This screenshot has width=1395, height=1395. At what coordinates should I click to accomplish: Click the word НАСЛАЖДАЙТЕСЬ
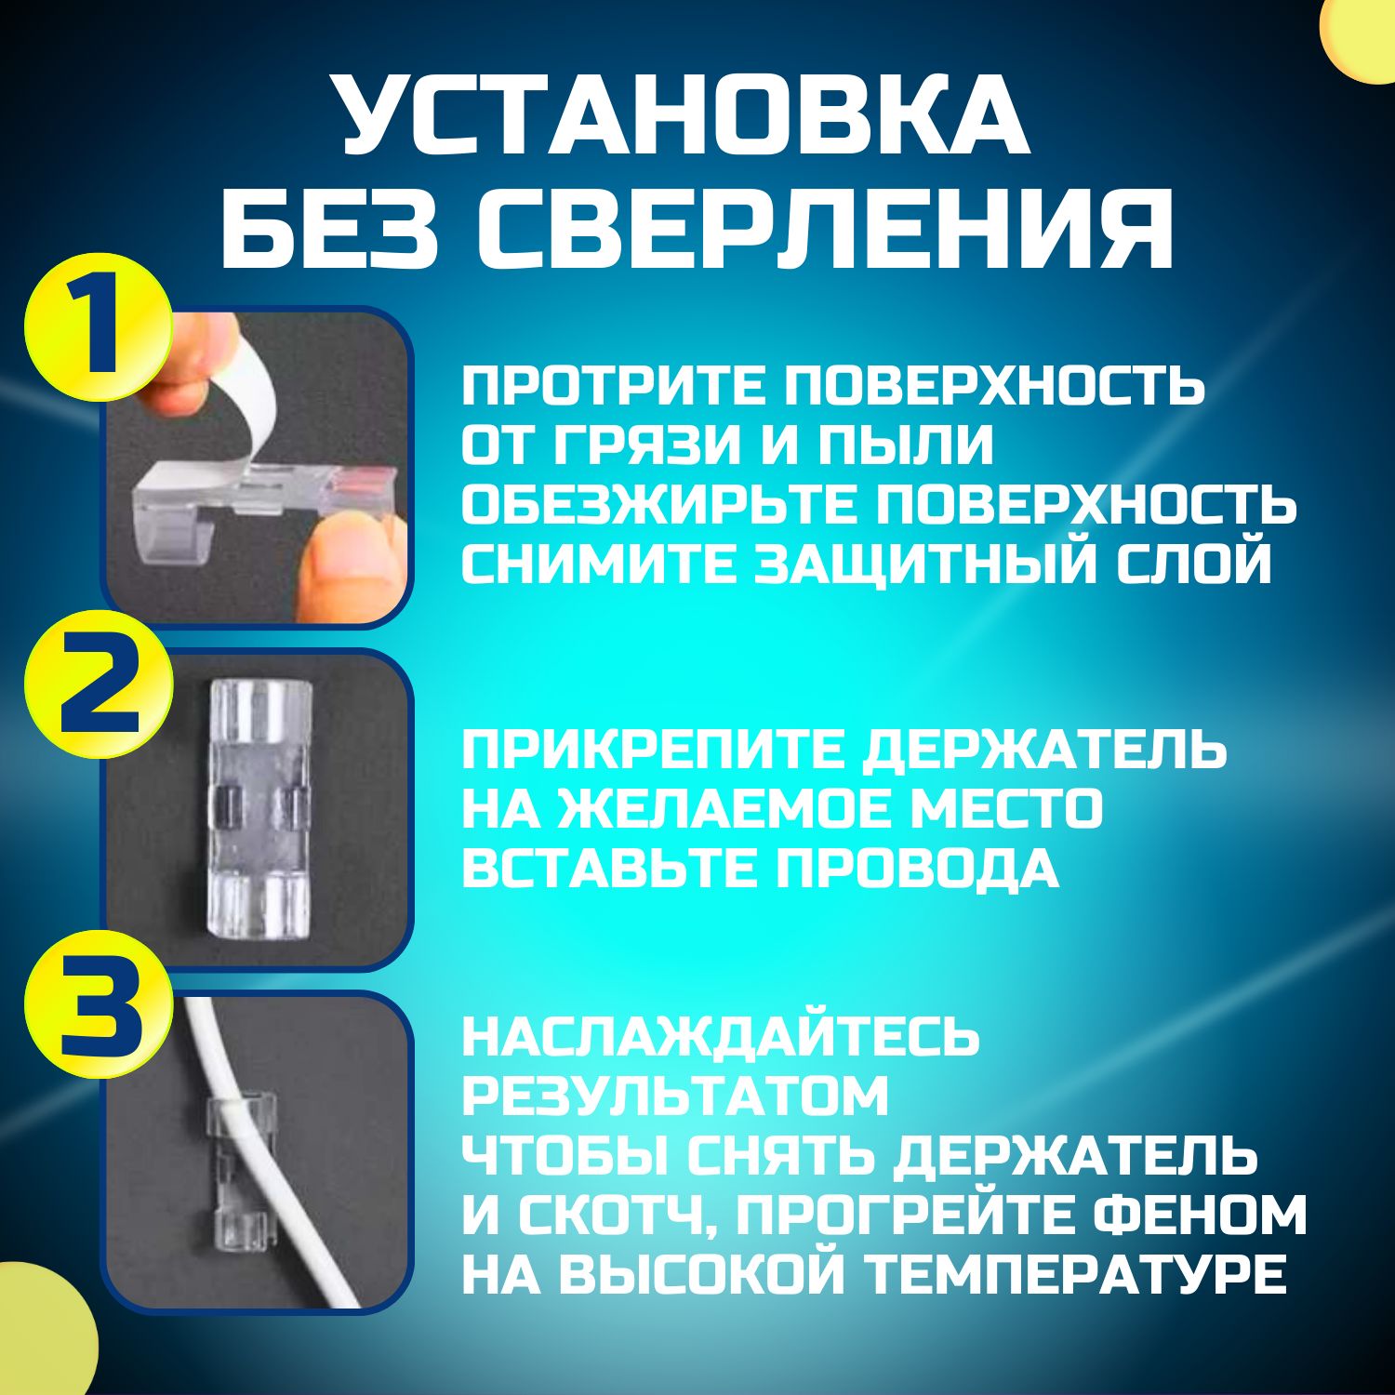pyautogui.click(x=721, y=1037)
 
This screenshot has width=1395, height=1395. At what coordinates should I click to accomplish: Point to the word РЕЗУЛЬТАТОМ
pyautogui.click(x=675, y=1096)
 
